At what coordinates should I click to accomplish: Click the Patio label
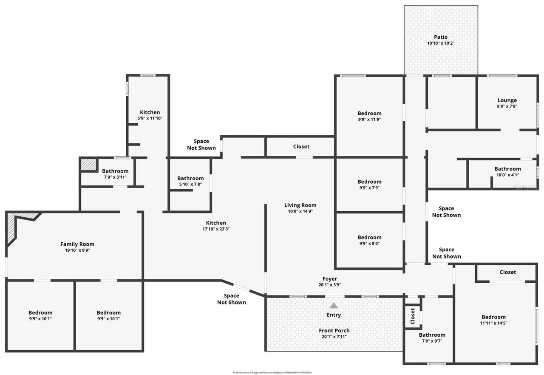pos(440,37)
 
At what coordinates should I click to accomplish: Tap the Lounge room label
pos(507,100)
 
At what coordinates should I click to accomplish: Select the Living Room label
pos(300,205)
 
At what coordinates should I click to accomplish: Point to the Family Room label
pos(77,244)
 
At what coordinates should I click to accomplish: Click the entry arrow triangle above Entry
pos(334,305)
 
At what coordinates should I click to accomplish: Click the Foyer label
pos(329,279)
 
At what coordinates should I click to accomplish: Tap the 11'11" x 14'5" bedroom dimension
pos(493,323)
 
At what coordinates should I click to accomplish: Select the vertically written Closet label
pos(412,316)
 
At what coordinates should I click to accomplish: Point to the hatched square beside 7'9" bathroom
pos(89,165)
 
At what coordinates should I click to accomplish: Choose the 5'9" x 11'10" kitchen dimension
pos(150,118)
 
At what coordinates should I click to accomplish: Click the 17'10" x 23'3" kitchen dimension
pos(216,229)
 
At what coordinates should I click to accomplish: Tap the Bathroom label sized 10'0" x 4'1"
pos(507,169)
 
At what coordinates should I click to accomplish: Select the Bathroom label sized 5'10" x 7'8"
pos(190,178)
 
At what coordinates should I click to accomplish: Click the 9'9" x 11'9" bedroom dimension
pos(369,119)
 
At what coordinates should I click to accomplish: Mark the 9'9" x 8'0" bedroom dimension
pos(369,243)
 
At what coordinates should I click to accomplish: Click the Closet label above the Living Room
pos(301,146)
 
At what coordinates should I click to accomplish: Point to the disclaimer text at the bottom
pos(272,372)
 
